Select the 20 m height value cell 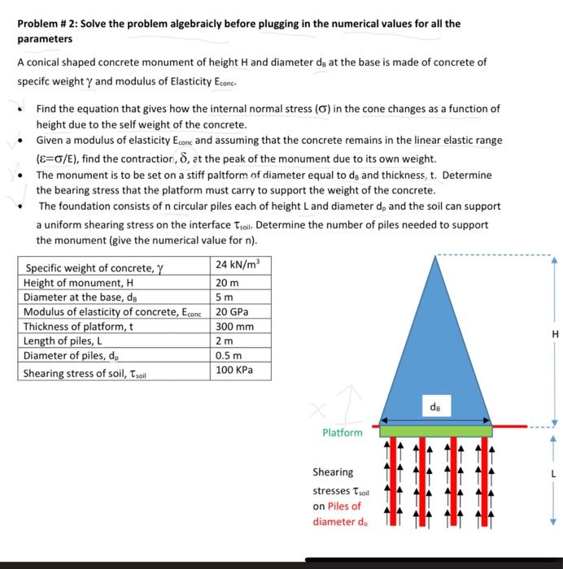click(228, 282)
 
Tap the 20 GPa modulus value click(233, 311)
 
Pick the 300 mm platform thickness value click(235, 326)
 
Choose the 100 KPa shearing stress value click(234, 370)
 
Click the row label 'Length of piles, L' click(65, 341)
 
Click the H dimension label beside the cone click(555, 334)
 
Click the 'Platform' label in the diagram click(342, 432)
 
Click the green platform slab click(435, 430)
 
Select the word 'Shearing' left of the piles click(333, 471)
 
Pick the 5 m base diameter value click(225, 297)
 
